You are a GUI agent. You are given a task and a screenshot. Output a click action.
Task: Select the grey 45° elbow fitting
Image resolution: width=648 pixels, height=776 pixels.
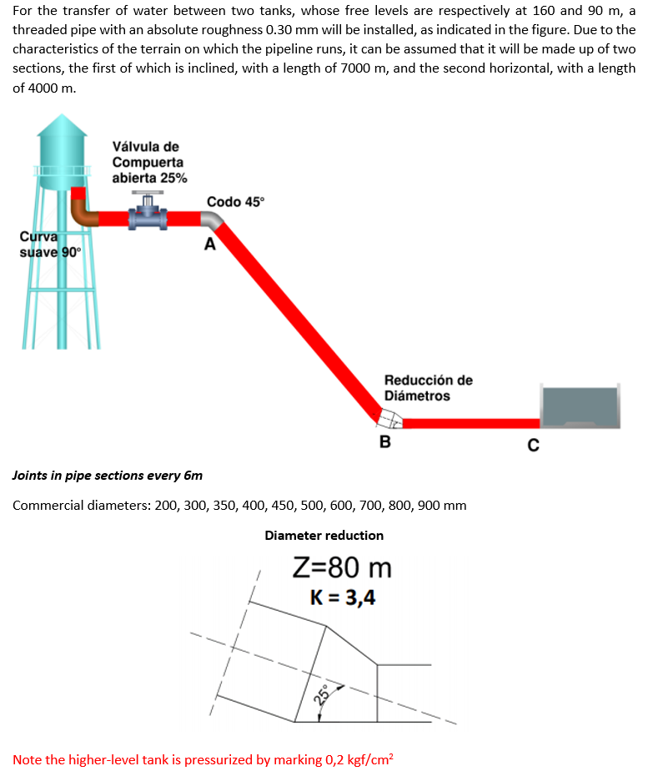212,219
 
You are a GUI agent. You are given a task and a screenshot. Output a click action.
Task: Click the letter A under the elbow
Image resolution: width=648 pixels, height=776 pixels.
209,244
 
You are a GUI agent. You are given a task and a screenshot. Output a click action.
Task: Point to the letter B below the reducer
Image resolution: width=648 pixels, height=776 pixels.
384,441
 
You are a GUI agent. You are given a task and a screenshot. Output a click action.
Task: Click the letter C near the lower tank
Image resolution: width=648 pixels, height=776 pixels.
532,442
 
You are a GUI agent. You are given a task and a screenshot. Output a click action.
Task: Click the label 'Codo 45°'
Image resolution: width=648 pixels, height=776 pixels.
234,201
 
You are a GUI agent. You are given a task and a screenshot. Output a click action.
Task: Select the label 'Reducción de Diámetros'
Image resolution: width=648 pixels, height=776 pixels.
428,388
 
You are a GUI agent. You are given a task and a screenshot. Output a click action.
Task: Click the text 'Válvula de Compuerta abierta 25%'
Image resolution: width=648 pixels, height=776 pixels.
149,163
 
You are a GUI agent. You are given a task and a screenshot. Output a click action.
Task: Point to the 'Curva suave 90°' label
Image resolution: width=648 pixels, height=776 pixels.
48,244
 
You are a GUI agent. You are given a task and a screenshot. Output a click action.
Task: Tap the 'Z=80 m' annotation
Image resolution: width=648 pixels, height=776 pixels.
342,568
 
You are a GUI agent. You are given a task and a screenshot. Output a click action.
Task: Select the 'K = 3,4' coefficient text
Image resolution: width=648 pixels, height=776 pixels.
342,597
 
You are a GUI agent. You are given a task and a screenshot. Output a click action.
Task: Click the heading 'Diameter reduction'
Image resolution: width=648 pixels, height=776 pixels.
324,535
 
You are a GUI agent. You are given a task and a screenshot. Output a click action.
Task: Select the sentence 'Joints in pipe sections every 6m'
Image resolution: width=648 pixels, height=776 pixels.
108,476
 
